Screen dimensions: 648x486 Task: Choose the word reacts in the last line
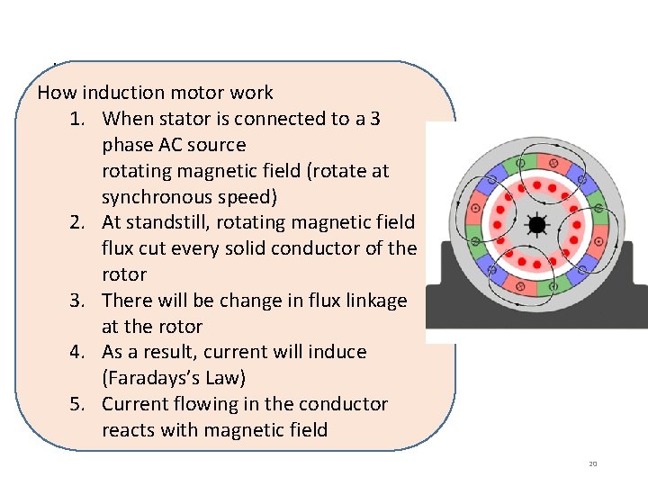[x=130, y=430]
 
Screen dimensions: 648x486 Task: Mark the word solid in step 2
[x=243, y=248]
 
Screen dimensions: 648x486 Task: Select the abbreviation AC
[x=171, y=145]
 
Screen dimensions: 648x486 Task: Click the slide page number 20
[x=592, y=463]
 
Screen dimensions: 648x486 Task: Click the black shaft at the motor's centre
[x=538, y=224]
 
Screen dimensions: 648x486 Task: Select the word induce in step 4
[x=338, y=352]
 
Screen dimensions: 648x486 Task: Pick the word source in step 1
[x=220, y=145]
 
